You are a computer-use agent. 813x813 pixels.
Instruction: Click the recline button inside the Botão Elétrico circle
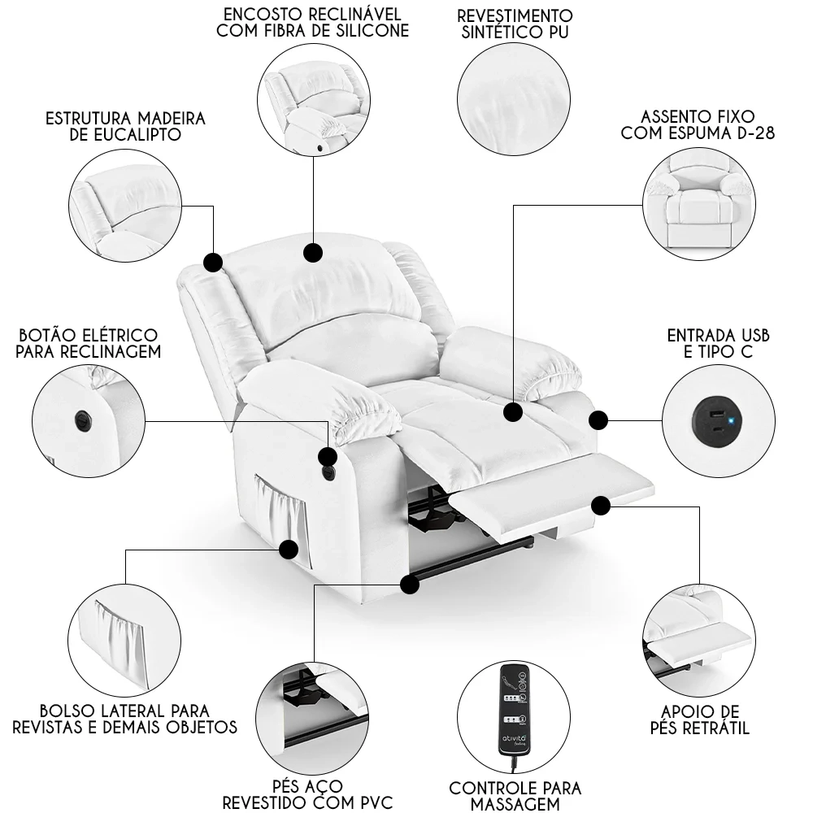coord(81,420)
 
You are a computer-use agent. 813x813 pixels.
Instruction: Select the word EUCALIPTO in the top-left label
coord(126,135)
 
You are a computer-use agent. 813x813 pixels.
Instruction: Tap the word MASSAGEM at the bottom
coord(515,804)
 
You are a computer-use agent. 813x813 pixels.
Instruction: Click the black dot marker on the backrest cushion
coord(313,253)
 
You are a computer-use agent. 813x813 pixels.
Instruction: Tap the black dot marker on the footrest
coord(601,506)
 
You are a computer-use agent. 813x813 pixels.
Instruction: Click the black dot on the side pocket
coord(288,550)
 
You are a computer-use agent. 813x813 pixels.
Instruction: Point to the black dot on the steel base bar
coord(410,584)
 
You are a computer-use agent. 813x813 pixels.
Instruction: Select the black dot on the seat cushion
coord(512,412)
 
